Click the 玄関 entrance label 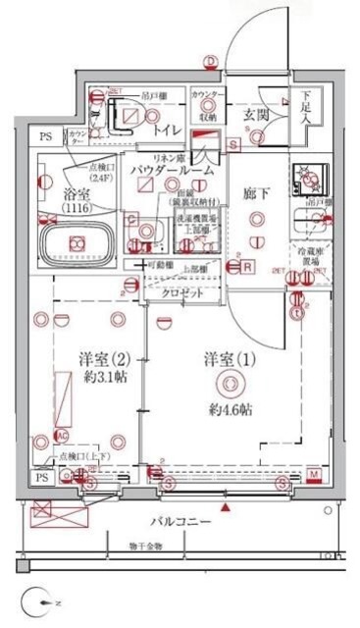[x=256, y=114]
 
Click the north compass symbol [x=36, y=597]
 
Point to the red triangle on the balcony [x=227, y=507]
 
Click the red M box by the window [x=312, y=475]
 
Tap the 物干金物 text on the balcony [x=146, y=547]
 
